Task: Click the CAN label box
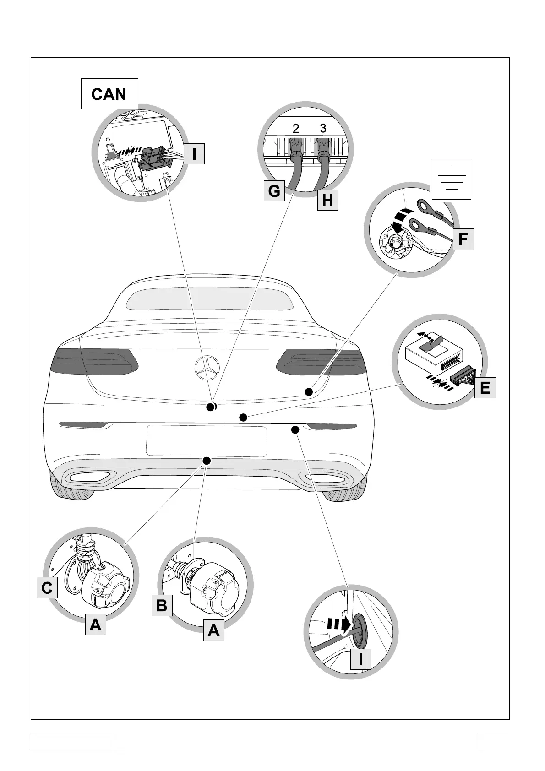[109, 94]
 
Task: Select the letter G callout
[274, 191]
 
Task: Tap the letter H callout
[327, 200]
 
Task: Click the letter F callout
[463, 239]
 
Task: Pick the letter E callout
[485, 388]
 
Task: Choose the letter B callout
[162, 605]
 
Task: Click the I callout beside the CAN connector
[194, 154]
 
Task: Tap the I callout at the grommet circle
[360, 659]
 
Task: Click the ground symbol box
[452, 179]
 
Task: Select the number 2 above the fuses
[296, 130]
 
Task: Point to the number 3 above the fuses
[323, 129]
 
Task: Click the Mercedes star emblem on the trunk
[207, 368]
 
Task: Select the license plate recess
[207, 440]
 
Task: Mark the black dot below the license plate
[207, 460]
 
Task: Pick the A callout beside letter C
[96, 624]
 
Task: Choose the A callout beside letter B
[213, 630]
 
